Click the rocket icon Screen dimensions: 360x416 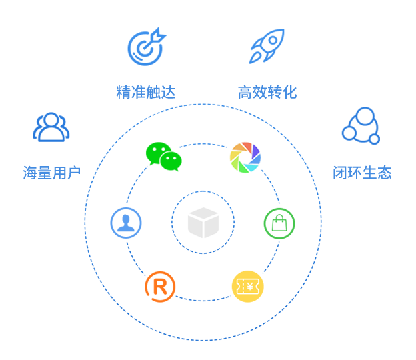tap(267, 47)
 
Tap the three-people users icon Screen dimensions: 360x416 tap(51, 127)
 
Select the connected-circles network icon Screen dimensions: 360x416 tap(361, 125)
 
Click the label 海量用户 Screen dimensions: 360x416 tap(51, 173)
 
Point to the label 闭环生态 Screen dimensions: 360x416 tap(362, 173)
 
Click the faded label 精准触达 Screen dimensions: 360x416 tap(145, 92)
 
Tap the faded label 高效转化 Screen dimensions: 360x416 tap(267, 92)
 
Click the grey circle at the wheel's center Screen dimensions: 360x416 tap(203, 222)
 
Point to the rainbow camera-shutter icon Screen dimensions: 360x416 tap(244, 155)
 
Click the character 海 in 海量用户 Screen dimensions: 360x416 tap(30, 173)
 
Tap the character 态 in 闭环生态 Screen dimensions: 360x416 tap(384, 173)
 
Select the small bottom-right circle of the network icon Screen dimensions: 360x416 tap(374, 139)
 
